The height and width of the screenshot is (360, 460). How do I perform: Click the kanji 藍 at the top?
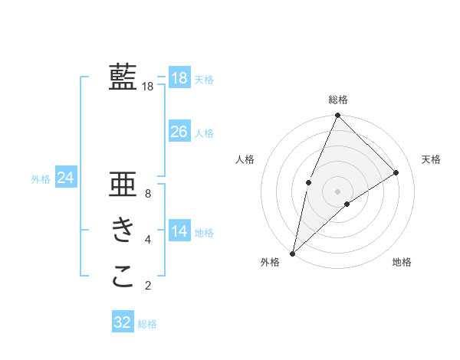[x=123, y=77]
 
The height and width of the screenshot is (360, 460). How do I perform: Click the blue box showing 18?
[x=179, y=77]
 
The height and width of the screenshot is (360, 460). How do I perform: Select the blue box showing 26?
[x=179, y=132]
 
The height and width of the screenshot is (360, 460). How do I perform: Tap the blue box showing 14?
[x=179, y=231]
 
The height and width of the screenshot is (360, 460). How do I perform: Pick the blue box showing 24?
[x=66, y=178]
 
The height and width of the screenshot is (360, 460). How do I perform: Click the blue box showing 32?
[x=123, y=322]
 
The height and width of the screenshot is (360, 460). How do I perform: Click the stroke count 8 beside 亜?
[x=148, y=194]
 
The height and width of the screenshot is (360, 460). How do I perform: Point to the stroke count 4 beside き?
[x=148, y=240]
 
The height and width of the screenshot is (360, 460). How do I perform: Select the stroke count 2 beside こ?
[x=148, y=286]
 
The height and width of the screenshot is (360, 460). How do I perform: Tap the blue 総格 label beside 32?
[x=147, y=324]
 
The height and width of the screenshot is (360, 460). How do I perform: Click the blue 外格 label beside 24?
[x=41, y=179]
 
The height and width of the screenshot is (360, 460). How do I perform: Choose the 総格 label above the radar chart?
[x=338, y=100]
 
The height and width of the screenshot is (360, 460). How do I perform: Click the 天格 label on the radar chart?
[x=432, y=159]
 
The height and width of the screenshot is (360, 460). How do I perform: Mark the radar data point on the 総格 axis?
[x=337, y=116]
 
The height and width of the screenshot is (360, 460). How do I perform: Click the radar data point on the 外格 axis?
[x=292, y=253]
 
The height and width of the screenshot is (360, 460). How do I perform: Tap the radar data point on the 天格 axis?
[x=396, y=172]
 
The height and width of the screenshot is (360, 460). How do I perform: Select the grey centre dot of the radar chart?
[x=337, y=191]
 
